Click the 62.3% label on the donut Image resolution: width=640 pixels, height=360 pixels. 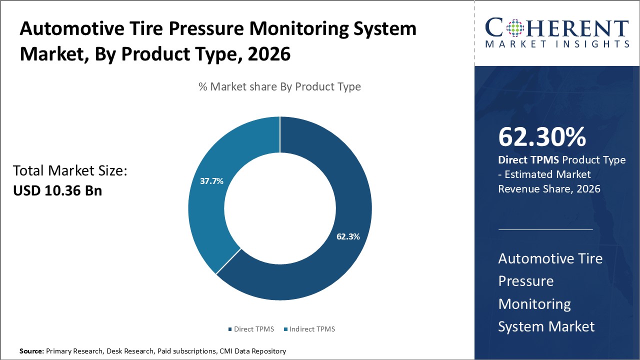(348, 236)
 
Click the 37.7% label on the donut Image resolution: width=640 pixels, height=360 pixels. (211, 181)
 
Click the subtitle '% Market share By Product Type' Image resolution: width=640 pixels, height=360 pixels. (279, 86)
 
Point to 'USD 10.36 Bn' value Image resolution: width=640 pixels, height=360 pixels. (57, 190)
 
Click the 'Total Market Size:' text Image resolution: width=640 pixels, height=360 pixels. (70, 171)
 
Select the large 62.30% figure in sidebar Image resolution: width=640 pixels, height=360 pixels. (542, 137)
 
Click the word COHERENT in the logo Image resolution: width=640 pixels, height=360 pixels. (557, 28)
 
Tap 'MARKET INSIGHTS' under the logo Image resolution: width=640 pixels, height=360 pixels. (557, 44)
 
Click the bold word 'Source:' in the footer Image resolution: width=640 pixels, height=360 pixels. (31, 351)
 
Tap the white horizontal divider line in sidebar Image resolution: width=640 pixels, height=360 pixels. (545, 230)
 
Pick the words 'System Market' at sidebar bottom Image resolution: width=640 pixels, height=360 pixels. (546, 326)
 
